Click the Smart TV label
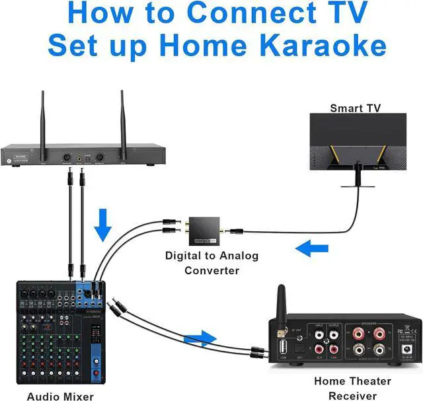tap(355, 107)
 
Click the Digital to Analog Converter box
tap(204, 230)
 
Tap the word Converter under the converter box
tap(211, 270)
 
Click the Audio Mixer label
tap(60, 396)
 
